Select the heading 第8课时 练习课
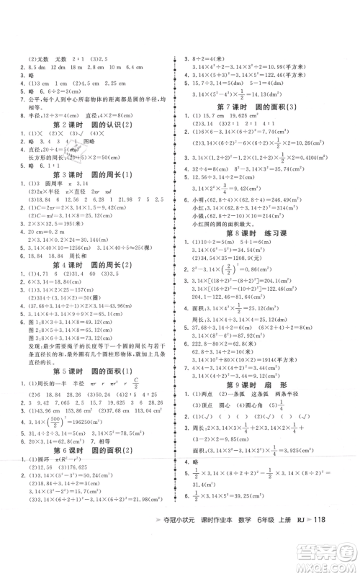[x=253, y=252]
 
